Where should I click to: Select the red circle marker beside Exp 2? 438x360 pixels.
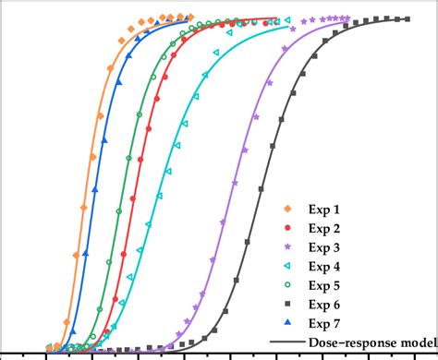287,228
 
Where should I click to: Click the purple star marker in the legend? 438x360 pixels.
287,247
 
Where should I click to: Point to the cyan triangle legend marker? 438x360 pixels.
287,266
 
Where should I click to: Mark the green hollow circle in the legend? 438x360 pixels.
287,285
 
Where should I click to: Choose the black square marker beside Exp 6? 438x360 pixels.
287,304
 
